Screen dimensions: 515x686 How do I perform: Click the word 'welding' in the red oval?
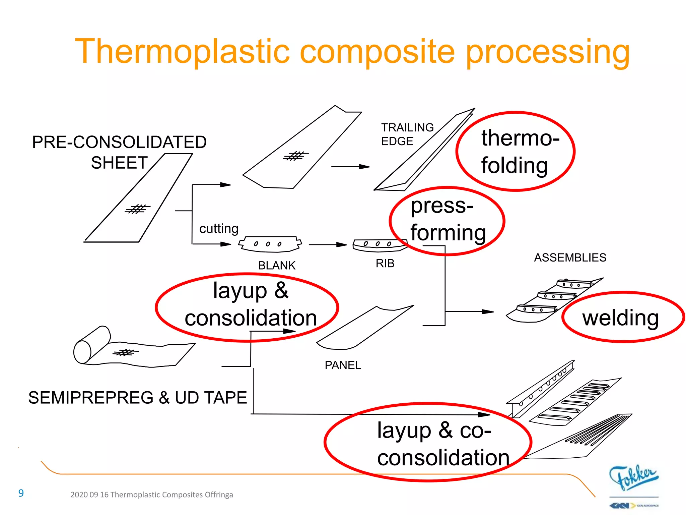point(620,318)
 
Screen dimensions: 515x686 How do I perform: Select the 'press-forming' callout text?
point(447,219)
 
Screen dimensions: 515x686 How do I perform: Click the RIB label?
point(385,264)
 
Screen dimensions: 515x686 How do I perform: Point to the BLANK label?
point(277,266)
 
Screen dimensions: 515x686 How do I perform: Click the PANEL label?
point(343,365)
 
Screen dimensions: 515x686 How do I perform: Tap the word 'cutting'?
point(219,229)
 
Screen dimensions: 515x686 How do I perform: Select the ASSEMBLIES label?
point(570,257)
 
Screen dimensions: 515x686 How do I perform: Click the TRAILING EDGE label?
point(407,134)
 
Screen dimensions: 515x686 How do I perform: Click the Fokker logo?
point(633,477)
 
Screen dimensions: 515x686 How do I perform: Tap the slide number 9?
point(21,493)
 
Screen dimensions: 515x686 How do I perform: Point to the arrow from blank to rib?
point(327,245)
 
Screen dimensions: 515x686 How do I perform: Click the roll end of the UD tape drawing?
point(82,352)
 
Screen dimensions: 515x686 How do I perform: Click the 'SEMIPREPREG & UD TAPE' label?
point(137,398)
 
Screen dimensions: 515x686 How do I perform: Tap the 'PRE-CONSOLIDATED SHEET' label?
point(119,152)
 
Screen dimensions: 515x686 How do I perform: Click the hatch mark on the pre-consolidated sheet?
point(137,209)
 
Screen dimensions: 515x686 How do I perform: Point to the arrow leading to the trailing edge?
point(350,166)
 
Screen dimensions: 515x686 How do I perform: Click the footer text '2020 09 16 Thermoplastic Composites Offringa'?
point(151,495)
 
